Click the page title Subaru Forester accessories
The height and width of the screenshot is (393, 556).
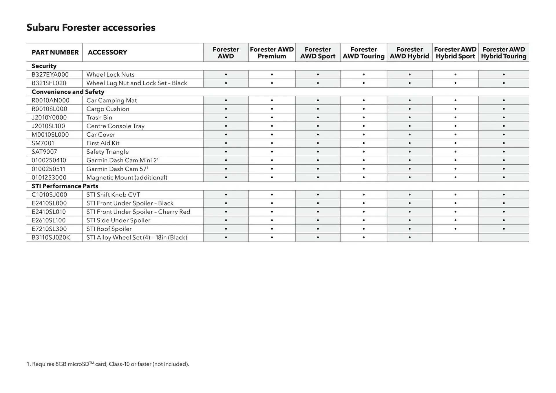91,27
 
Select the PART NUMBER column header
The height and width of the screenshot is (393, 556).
55,52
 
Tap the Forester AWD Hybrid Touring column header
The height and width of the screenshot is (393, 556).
504,53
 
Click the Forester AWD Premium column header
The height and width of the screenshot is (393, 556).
272,53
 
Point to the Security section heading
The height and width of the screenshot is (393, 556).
44,66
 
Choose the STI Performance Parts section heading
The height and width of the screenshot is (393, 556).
65,186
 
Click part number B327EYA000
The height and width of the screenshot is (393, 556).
50,75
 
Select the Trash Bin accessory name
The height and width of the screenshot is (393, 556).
99,117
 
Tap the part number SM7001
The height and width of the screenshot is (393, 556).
43,143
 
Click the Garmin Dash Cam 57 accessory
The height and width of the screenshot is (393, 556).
117,169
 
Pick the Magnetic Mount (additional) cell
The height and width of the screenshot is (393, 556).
127,178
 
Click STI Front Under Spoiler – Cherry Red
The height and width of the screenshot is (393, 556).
138,212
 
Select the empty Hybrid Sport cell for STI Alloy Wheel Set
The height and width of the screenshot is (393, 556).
455,238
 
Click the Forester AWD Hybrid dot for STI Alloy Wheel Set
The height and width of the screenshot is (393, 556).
409,238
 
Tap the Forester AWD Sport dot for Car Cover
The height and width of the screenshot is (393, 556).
318,135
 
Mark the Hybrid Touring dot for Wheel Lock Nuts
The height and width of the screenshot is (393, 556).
504,75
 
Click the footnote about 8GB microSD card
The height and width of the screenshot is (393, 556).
108,364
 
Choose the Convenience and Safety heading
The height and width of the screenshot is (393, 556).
68,92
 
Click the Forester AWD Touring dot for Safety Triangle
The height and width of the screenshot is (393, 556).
363,152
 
